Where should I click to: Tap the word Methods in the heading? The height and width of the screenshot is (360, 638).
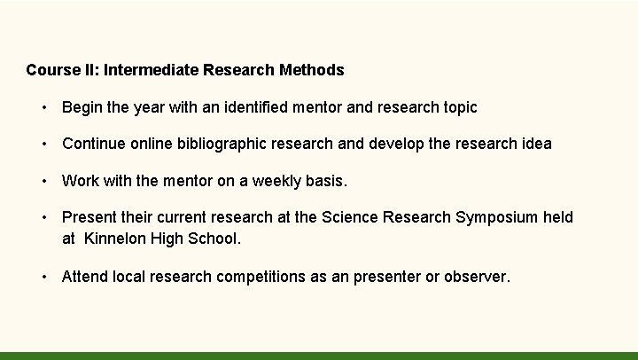click(x=311, y=69)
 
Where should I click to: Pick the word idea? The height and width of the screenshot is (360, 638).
click(x=534, y=143)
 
